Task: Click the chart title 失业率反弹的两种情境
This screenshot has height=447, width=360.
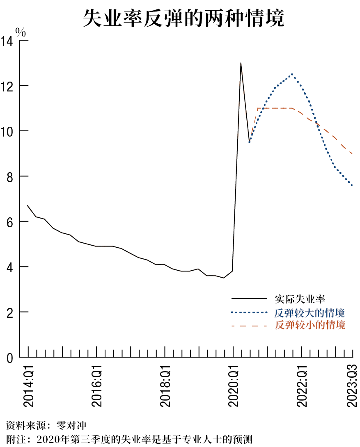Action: pyautogui.click(x=183, y=18)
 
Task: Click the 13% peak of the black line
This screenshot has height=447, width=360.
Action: pyautogui.click(x=241, y=63)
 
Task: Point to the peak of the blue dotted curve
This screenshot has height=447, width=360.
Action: pyautogui.click(x=292, y=74)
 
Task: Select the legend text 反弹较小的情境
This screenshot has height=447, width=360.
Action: pyautogui.click(x=310, y=326)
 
